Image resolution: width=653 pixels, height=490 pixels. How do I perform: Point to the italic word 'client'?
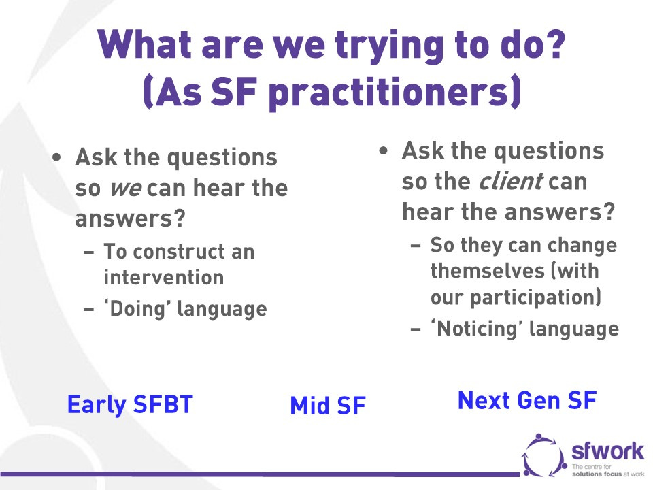(511, 181)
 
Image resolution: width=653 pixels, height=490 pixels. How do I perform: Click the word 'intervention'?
(164, 278)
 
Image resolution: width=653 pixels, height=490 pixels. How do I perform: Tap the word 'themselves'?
(487, 272)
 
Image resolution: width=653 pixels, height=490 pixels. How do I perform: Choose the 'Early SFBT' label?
(130, 404)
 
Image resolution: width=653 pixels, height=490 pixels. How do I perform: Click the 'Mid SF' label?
(328, 406)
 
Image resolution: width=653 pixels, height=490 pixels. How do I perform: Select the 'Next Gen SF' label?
(527, 400)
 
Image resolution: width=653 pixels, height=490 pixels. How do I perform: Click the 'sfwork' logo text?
(607, 451)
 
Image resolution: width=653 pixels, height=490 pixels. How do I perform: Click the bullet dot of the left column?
(56, 158)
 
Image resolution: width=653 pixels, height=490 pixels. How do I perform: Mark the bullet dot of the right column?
(384, 151)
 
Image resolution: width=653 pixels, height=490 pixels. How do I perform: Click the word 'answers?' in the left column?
(130, 219)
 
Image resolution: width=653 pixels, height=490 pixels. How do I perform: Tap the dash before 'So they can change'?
(416, 246)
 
